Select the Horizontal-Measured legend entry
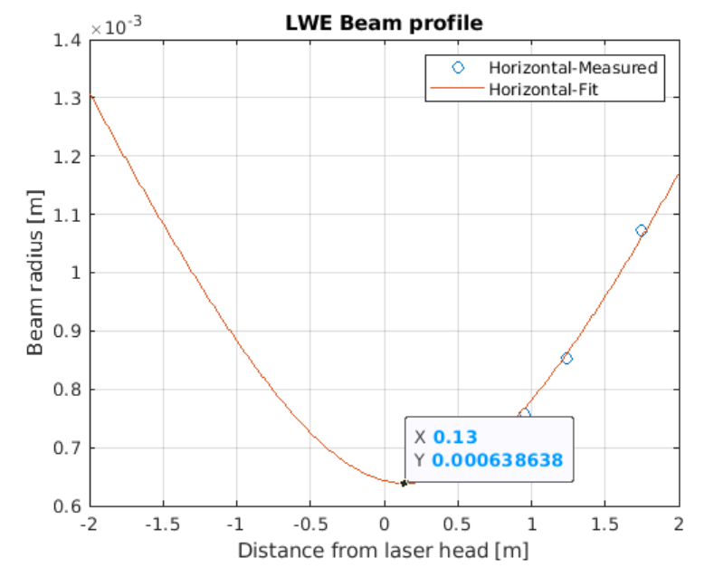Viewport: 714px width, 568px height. point(571,68)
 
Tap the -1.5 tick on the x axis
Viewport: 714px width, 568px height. point(163,525)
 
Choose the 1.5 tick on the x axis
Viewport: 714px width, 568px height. point(605,525)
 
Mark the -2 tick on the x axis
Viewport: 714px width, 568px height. point(89,525)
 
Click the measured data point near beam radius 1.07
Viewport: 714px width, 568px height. point(641,230)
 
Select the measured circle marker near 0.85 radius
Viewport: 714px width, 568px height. point(566,359)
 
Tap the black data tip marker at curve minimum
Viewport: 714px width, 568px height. point(404,483)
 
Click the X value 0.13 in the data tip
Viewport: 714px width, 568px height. point(454,437)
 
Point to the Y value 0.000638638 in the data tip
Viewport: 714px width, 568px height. point(497,460)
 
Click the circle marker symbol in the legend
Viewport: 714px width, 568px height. point(457,68)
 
